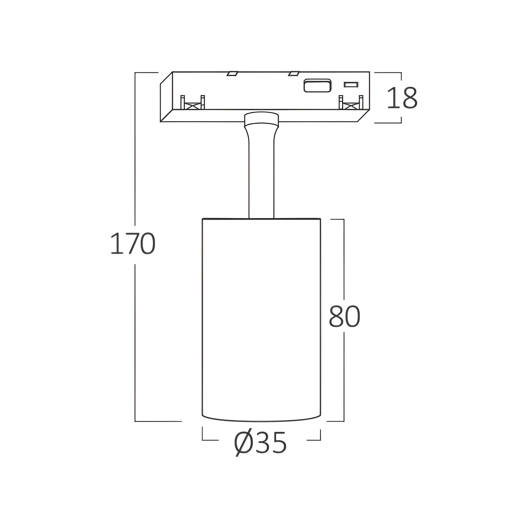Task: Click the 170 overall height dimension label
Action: [133, 243]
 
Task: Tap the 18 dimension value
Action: [402, 98]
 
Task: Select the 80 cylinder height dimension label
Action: [345, 316]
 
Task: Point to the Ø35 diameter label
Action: [261, 443]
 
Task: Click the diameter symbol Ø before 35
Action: [243, 443]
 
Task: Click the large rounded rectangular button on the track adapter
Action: [318, 86]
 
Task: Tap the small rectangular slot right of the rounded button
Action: [351, 85]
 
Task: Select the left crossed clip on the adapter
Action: [193, 102]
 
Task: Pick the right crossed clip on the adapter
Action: [351, 102]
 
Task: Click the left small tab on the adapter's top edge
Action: [232, 73]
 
